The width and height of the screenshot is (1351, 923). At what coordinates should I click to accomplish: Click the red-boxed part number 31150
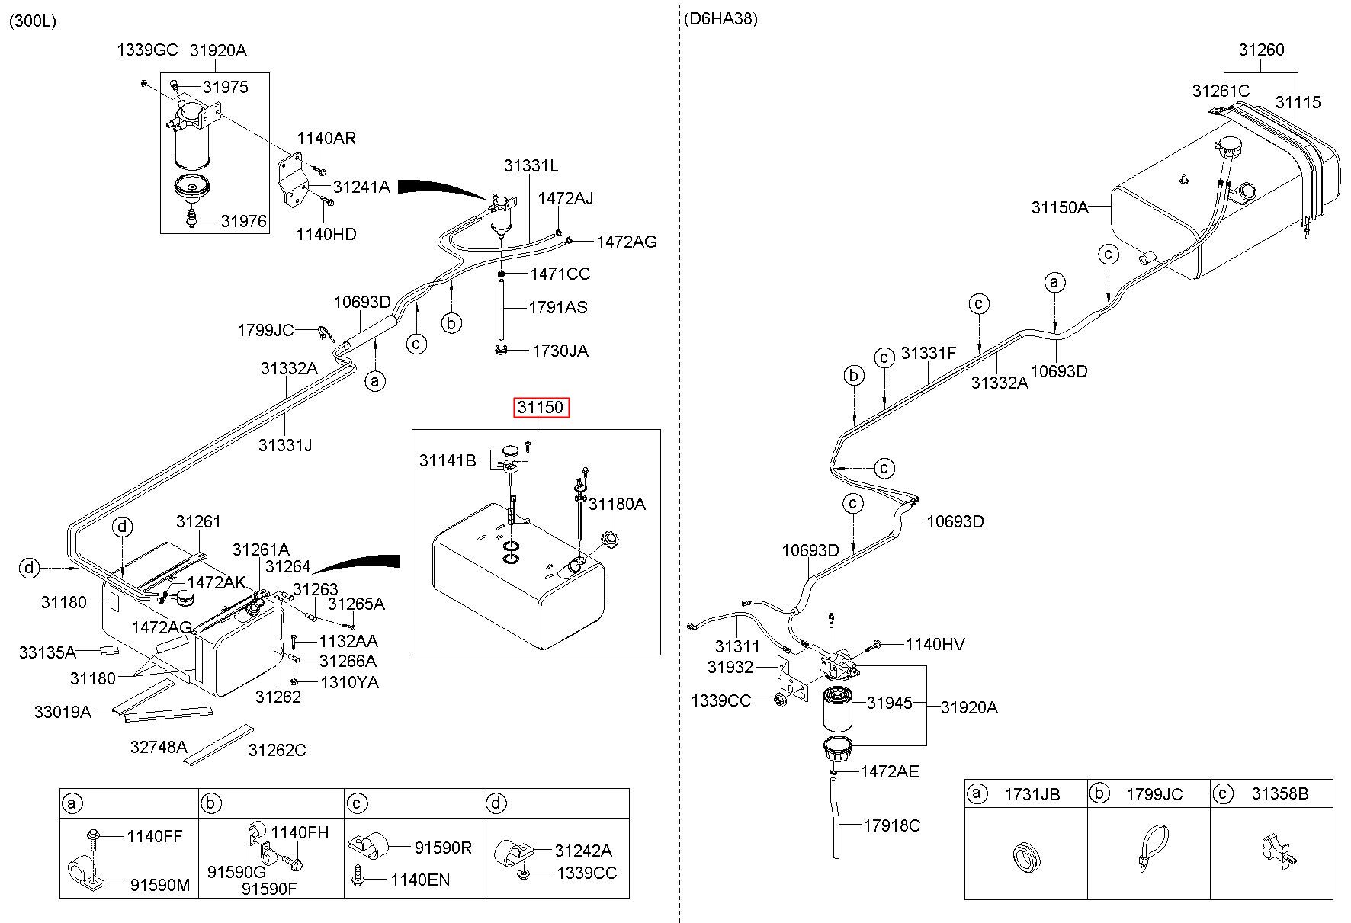point(541,408)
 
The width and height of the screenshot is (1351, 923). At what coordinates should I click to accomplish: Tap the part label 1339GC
point(147,50)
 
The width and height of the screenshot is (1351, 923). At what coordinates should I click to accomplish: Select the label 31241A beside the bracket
point(361,187)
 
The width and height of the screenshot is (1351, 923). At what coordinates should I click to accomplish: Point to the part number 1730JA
point(560,351)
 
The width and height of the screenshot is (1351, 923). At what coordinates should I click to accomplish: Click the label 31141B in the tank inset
point(448,460)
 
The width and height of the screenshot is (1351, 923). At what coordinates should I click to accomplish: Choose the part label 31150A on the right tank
point(1060,207)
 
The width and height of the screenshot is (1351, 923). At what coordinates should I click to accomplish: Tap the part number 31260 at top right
point(1261,50)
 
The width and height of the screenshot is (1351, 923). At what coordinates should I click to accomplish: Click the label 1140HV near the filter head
point(935,645)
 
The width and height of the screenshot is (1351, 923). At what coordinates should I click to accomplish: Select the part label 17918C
point(892,825)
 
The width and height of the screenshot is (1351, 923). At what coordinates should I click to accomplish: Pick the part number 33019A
point(63,712)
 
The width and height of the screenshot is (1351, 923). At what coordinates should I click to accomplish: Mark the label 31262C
point(277,750)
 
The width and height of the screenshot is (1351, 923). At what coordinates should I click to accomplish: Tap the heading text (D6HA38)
point(720,19)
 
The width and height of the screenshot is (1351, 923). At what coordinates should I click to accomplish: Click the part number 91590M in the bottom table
point(159,885)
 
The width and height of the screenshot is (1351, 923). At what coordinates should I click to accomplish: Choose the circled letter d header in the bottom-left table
point(496,803)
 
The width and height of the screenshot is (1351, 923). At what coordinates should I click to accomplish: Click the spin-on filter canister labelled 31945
point(842,709)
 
